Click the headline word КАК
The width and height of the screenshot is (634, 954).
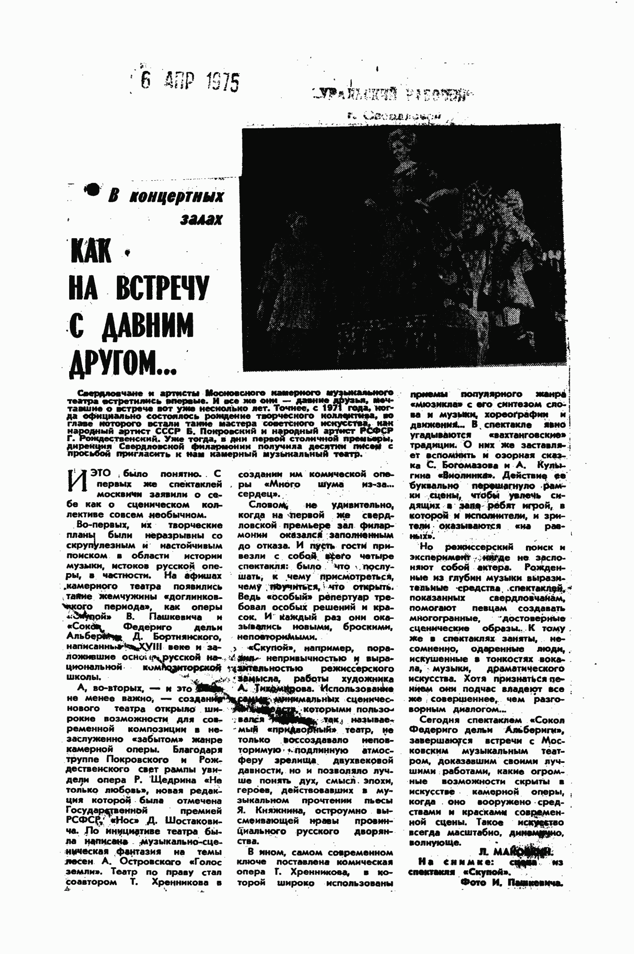click(x=91, y=251)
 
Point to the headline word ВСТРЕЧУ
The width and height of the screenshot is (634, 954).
click(x=163, y=288)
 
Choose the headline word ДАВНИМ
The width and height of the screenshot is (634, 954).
click(x=147, y=325)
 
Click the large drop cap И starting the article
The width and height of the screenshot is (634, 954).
click(x=77, y=481)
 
